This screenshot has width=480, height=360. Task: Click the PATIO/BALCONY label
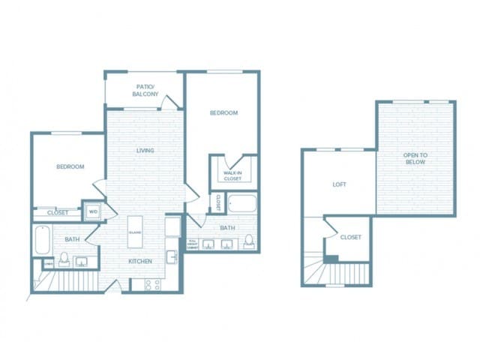145,90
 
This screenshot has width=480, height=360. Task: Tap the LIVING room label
145,151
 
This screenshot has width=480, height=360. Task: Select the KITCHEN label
140,261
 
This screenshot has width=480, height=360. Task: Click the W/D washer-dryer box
93,211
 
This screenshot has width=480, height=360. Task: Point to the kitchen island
136,233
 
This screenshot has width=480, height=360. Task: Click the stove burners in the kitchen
152,284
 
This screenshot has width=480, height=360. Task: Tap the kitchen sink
171,256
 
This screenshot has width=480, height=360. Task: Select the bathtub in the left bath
42,240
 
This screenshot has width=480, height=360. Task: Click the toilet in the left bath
64,259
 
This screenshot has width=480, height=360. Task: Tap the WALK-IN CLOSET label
232,176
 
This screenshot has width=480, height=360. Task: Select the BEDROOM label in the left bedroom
70,166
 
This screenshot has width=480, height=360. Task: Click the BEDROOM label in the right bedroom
223,113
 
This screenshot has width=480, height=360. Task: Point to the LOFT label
339,184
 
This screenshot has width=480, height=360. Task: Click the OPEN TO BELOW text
415,158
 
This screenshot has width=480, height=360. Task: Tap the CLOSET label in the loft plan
351,237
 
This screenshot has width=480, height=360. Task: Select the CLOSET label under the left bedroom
58,212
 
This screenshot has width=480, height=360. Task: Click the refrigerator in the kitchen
172,226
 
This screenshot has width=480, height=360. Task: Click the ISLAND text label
136,232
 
